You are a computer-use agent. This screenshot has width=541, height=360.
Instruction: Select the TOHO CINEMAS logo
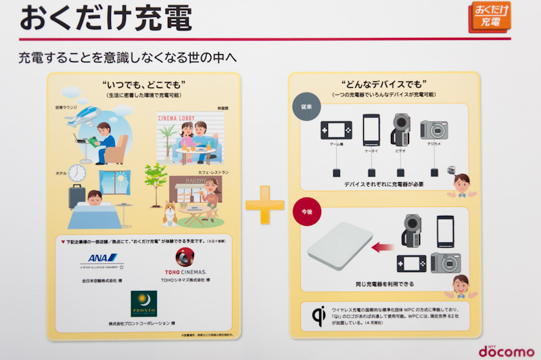click(x=185, y=264)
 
